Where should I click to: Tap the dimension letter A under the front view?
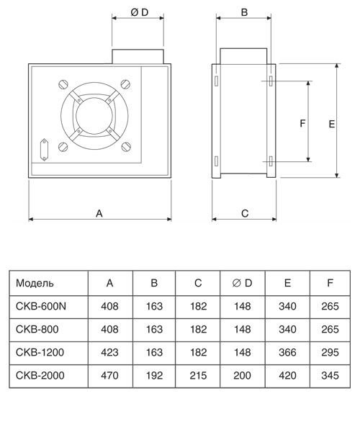click(99, 212)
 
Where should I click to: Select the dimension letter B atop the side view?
click(244, 12)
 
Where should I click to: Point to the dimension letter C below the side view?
click(244, 213)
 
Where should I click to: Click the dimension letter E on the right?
click(332, 124)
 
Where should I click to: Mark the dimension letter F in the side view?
click(303, 123)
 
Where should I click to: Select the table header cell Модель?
click(35, 284)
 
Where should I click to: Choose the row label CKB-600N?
click(40, 306)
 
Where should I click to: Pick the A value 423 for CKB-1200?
click(109, 352)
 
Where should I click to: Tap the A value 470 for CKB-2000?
click(109, 375)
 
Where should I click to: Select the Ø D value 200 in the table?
click(243, 375)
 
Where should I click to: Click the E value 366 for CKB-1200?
click(287, 352)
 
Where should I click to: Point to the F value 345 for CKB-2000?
click(330, 375)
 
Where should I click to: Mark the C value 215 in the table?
click(198, 375)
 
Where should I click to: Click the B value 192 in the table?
click(154, 375)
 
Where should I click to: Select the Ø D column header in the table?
click(243, 284)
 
